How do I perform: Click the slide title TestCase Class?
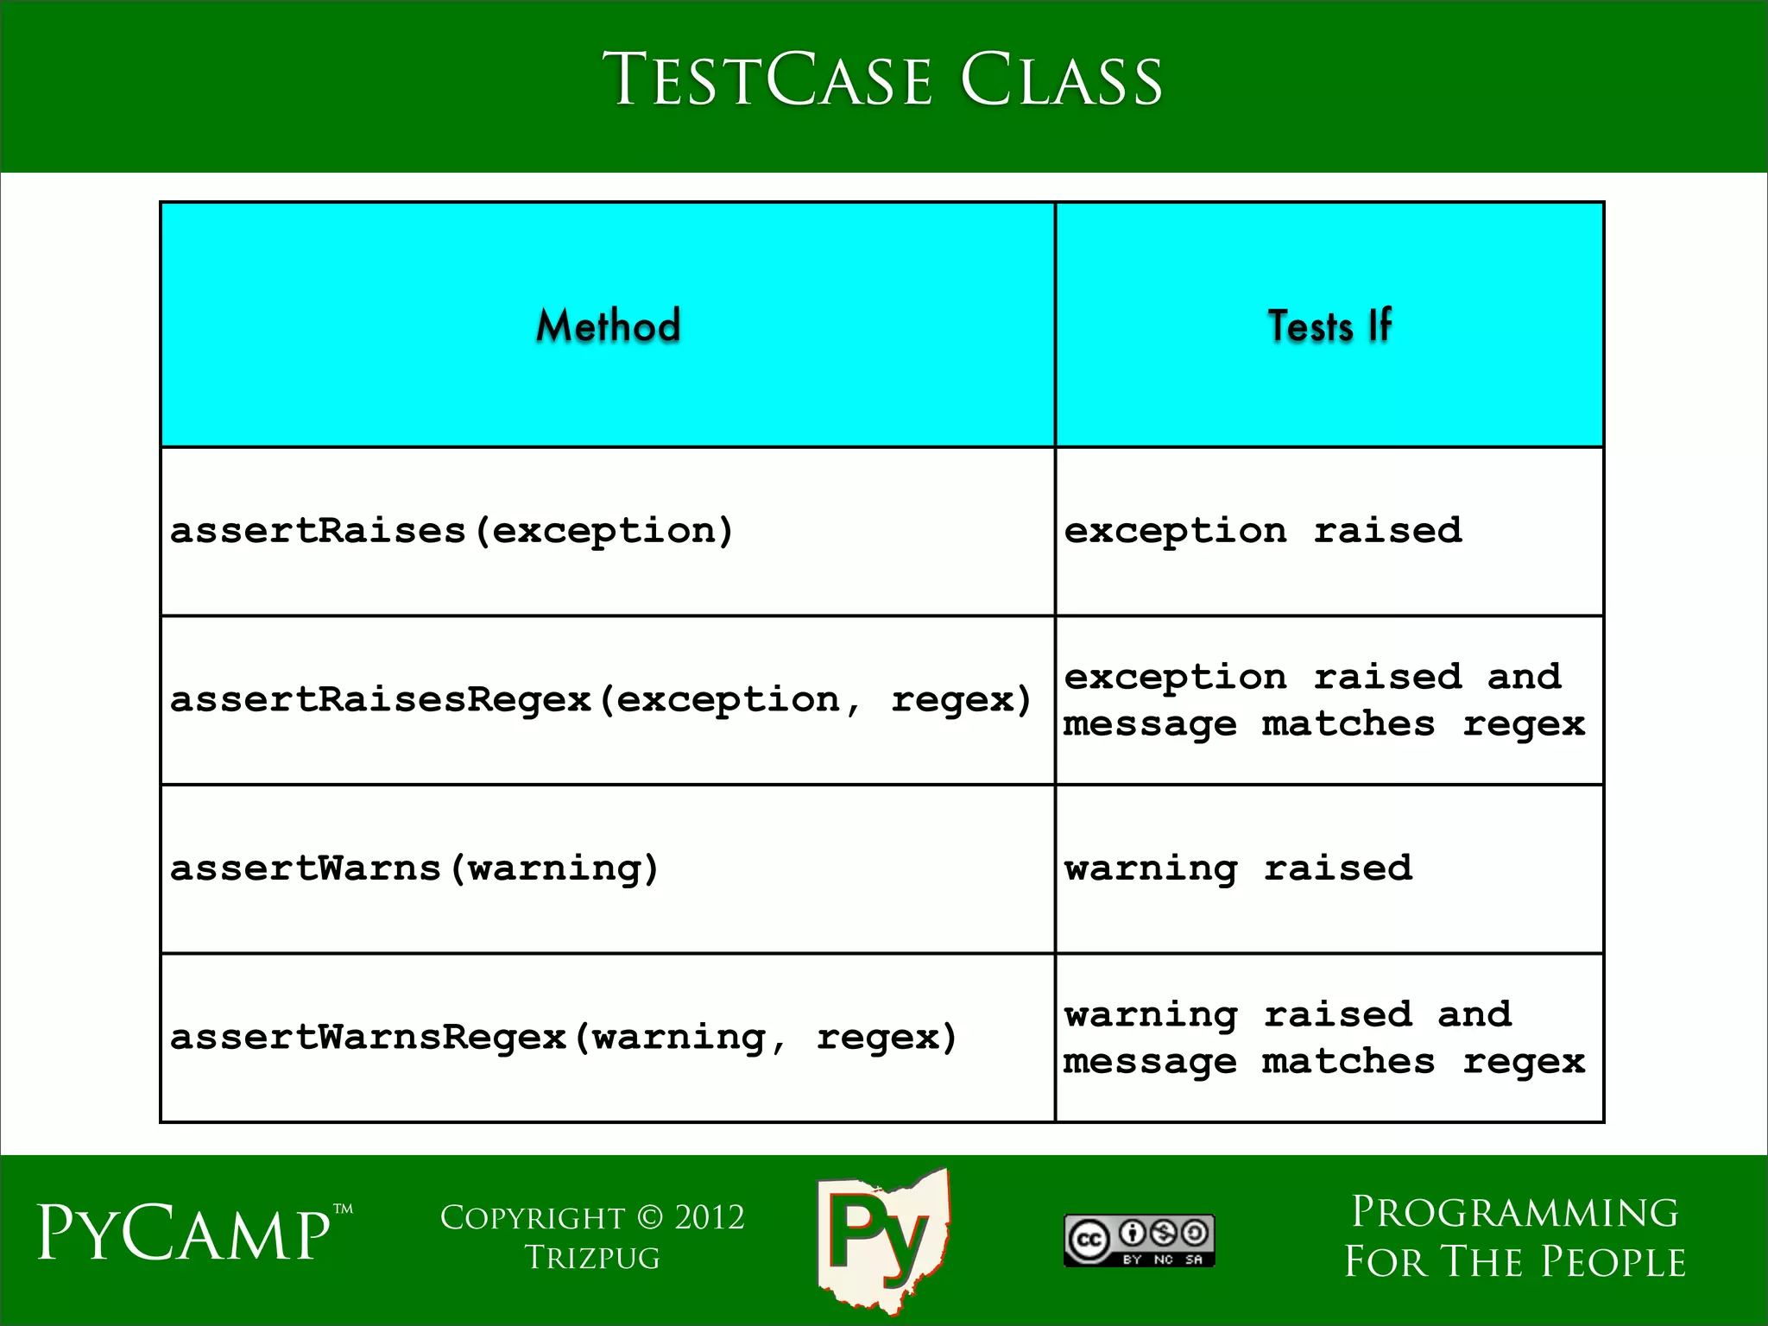pos(882,79)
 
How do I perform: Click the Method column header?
pos(608,325)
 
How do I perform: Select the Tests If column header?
pos(1329,325)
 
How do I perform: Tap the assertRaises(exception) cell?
pos(451,530)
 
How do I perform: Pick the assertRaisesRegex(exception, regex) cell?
pos(601,699)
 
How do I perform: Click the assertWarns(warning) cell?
pos(414,868)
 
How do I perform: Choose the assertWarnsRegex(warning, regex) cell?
pos(564,1036)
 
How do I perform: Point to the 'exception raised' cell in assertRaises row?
pos(1262,530)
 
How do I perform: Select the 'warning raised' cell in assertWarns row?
pos(1238,868)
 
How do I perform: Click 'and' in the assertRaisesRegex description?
pos(1524,676)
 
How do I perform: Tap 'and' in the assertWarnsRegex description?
pos(1474,1013)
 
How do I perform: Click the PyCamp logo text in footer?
pos(184,1234)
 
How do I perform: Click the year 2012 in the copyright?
pos(709,1217)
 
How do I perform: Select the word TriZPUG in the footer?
pos(592,1258)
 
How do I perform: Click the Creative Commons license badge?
pos(1139,1241)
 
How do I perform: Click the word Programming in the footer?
pos(1514,1212)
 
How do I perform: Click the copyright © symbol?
pos(650,1217)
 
